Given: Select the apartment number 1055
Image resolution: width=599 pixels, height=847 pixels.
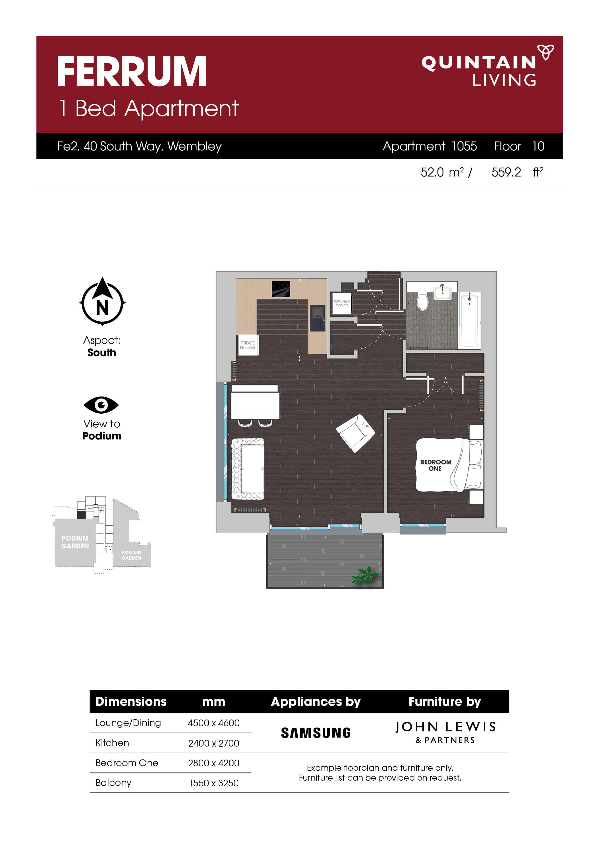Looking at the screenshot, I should (464, 147).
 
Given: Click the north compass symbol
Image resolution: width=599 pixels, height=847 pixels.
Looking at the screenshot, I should (102, 302).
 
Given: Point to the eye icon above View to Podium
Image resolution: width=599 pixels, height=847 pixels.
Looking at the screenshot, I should (101, 405).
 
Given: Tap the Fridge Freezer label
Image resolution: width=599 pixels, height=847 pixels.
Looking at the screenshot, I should (248, 345).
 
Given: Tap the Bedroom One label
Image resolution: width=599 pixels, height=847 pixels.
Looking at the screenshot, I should (435, 465).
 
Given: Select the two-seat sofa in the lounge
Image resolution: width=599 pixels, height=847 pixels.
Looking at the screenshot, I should (247, 468).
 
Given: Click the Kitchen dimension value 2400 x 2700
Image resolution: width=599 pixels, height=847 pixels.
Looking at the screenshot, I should (214, 743).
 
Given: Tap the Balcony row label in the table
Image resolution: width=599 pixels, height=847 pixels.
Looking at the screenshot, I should (113, 783).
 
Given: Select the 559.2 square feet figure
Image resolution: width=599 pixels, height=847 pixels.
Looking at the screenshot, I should (506, 172).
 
